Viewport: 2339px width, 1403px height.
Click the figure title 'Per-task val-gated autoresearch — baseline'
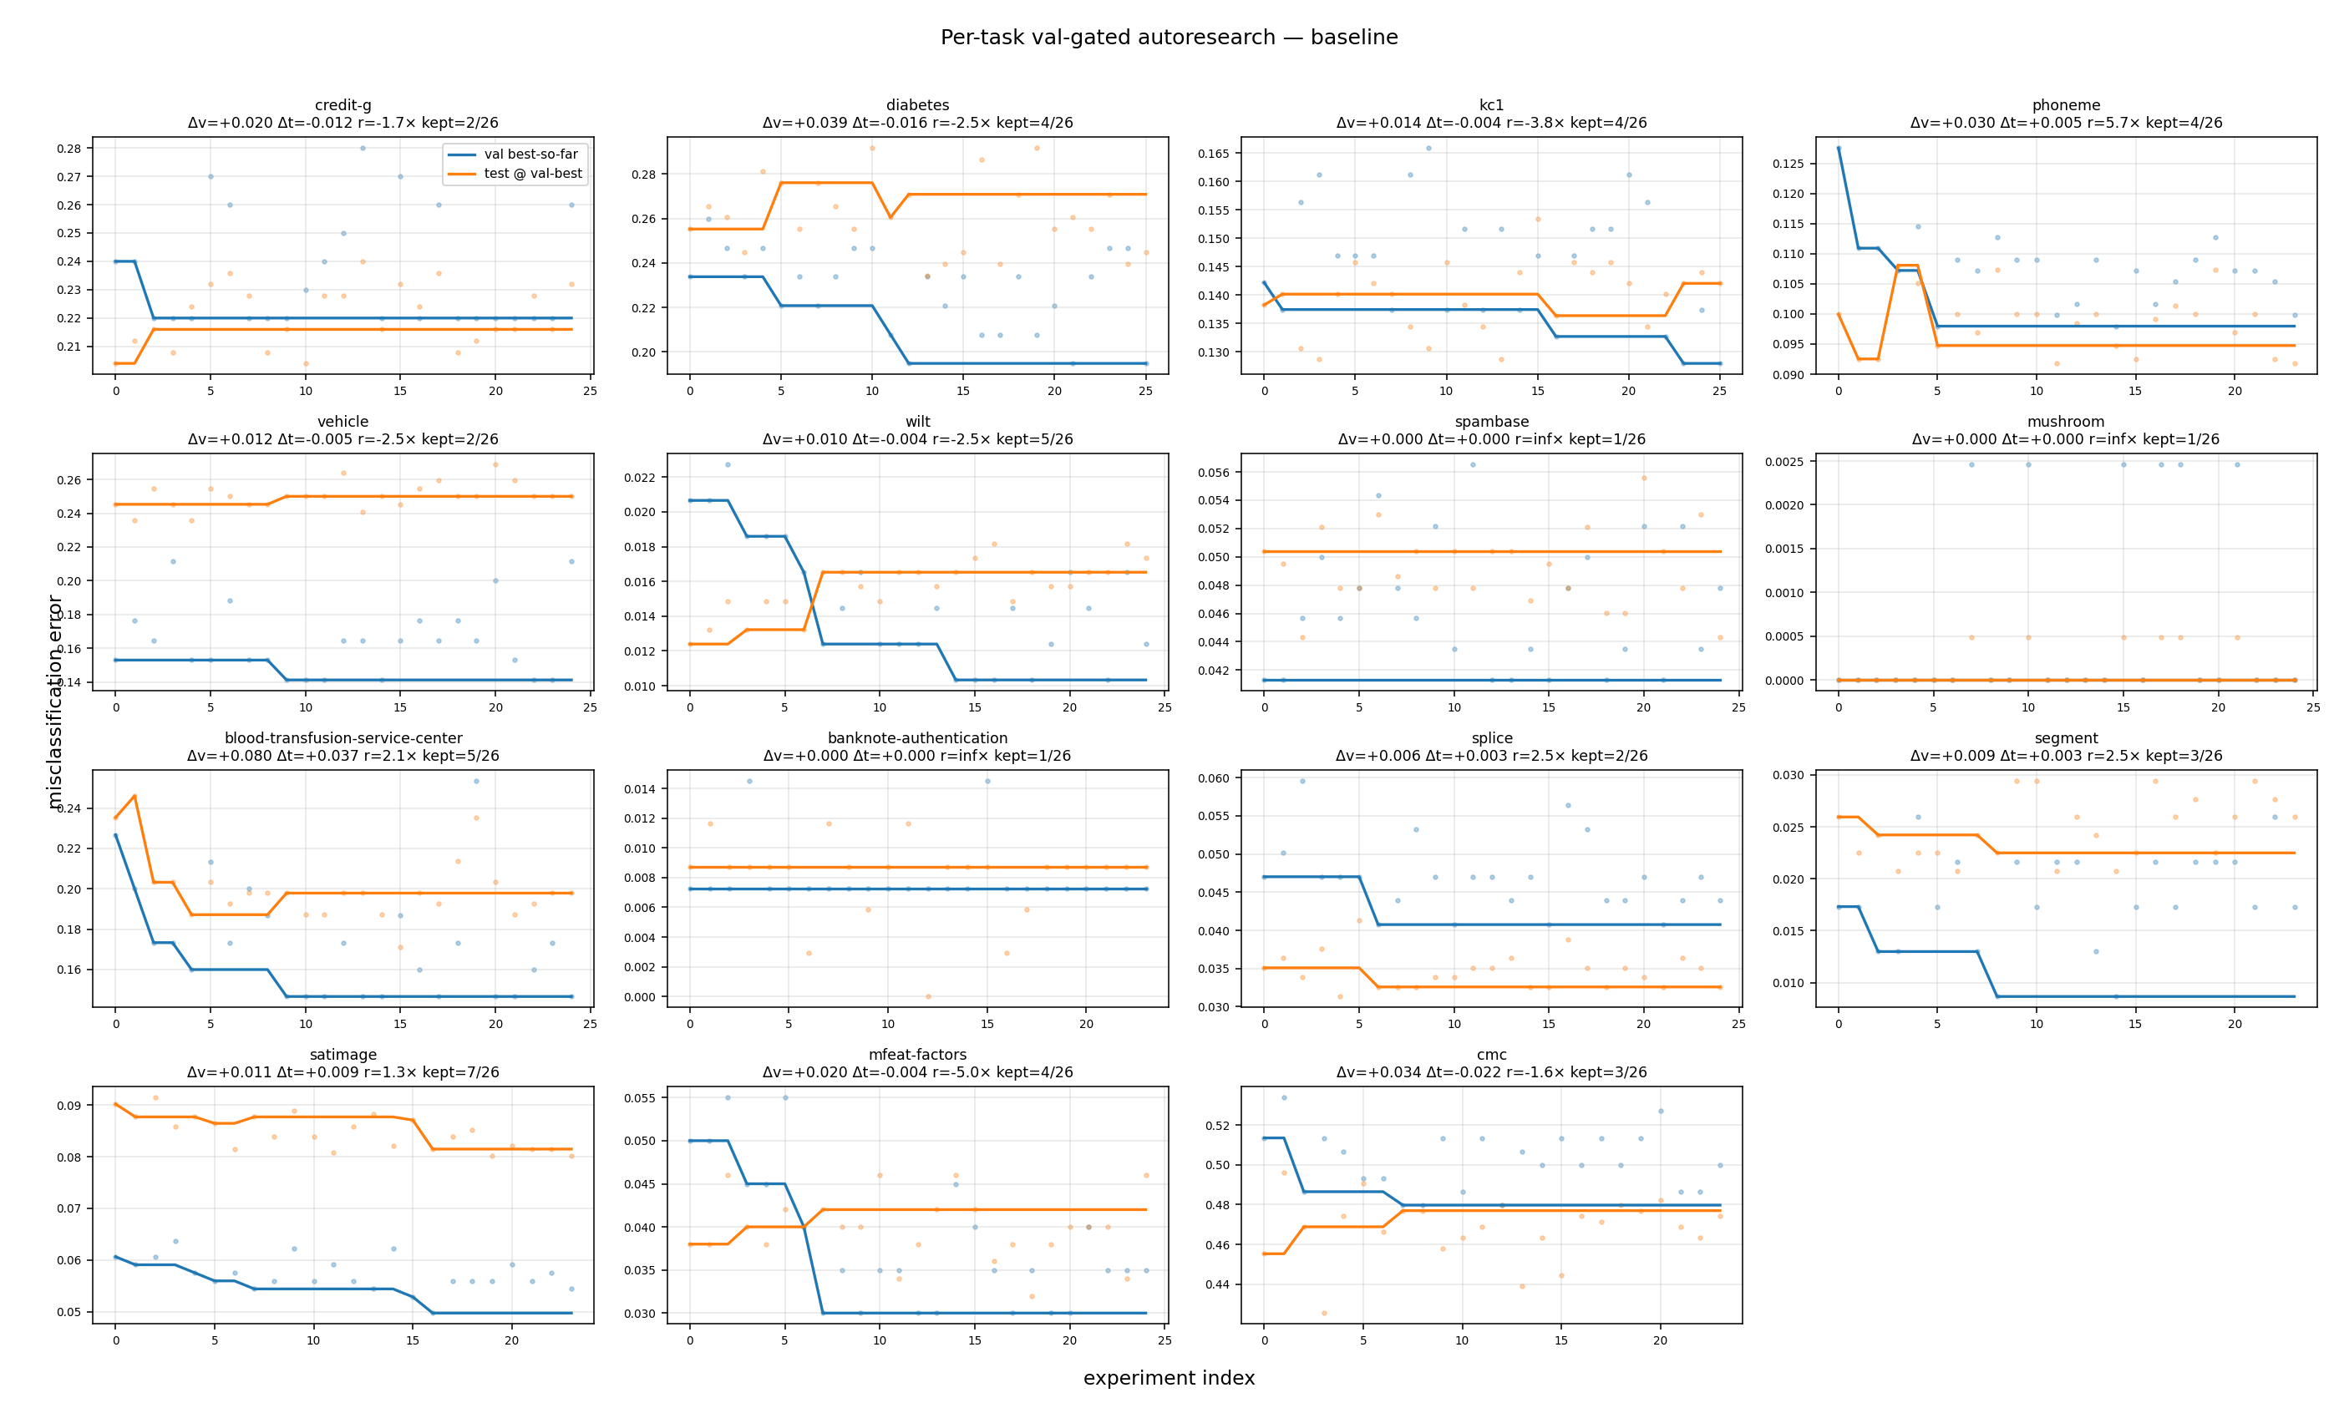pyautogui.click(x=1169, y=38)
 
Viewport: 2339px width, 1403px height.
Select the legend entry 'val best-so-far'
pyautogui.click(x=530, y=154)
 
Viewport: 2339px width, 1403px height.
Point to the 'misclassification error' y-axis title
pyautogui.click(x=55, y=701)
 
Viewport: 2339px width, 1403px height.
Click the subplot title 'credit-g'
pyautogui.click(x=342, y=105)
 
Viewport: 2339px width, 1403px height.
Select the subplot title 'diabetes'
pyautogui.click(x=917, y=105)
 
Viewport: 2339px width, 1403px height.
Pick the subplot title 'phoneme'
pyautogui.click(x=2066, y=105)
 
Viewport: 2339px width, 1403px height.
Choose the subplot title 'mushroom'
pyautogui.click(x=2066, y=422)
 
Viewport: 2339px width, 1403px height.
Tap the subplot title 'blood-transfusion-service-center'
pyautogui.click(x=342, y=738)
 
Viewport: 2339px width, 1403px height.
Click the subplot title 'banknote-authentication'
pyautogui.click(x=917, y=738)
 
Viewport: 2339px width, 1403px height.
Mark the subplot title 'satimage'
pyautogui.click(x=342, y=1055)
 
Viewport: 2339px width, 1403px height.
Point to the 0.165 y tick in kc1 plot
pyautogui.click(x=1214, y=153)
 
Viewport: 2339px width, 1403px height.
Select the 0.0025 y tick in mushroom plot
pyautogui.click(x=1784, y=461)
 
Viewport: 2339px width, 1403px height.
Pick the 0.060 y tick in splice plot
pyautogui.click(x=1214, y=779)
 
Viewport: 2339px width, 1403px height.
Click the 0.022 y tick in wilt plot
pyautogui.click(x=640, y=478)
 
